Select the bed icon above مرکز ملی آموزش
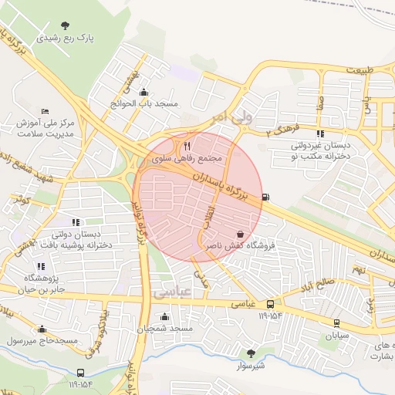tap(45, 112)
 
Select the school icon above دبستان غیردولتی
tap(321, 133)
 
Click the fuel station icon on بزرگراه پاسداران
tap(267, 197)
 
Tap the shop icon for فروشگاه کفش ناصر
tap(240, 233)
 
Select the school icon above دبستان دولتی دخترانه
tap(76, 222)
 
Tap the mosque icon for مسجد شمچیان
tap(164, 316)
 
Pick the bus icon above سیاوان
tap(336, 322)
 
